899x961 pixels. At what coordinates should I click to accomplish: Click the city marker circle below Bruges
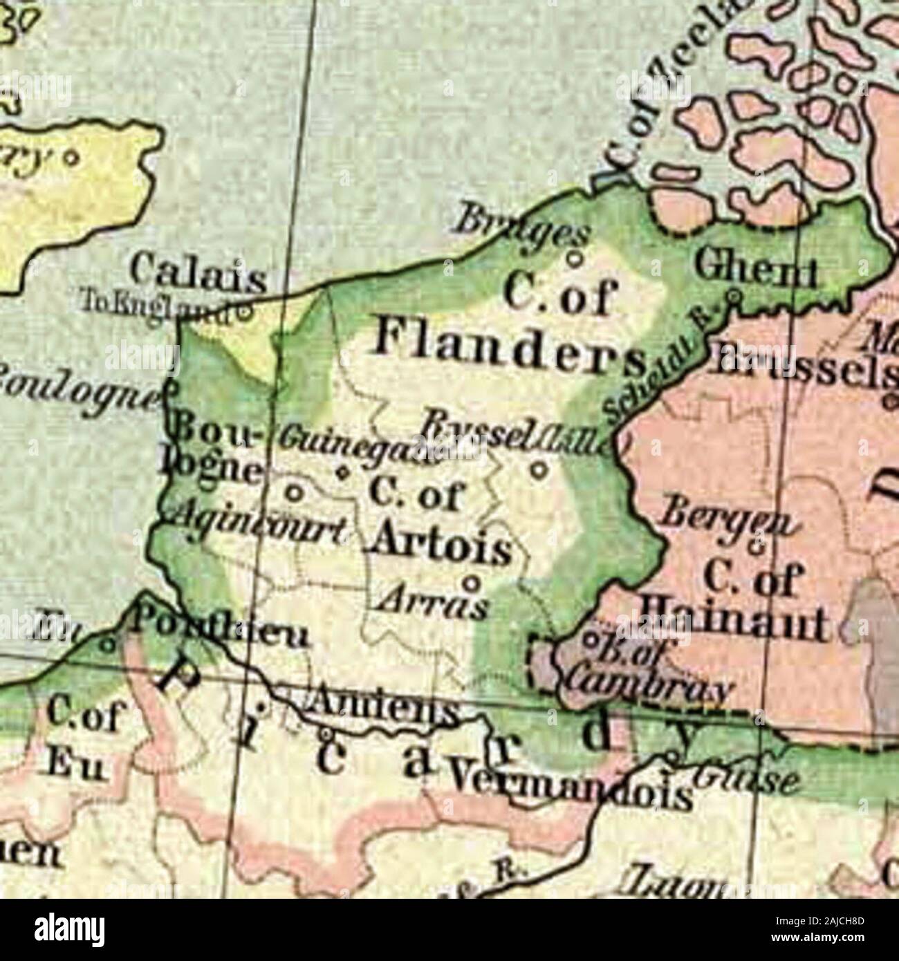tap(573, 259)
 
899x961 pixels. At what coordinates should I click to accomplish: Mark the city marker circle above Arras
tap(473, 582)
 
